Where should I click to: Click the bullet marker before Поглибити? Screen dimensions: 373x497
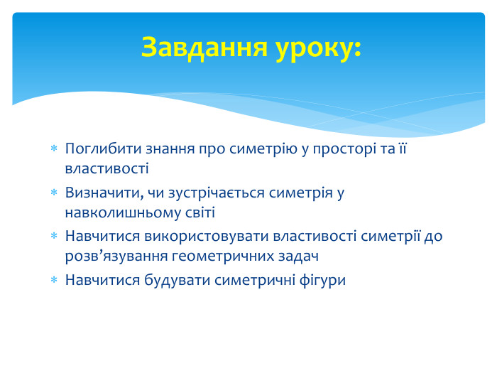(53, 150)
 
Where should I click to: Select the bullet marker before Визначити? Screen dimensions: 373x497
(53, 193)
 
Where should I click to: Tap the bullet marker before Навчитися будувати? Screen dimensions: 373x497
(53, 281)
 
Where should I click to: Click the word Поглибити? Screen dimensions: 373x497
(97, 149)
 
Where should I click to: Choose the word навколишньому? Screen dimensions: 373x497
(116, 212)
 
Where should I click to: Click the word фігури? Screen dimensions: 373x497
(322, 280)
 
